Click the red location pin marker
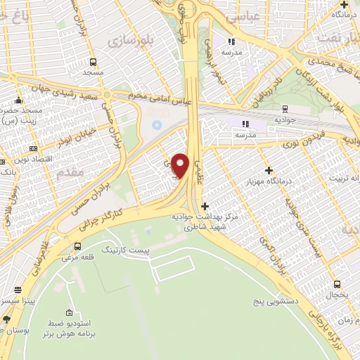click(181, 165)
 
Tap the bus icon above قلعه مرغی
click(77, 246)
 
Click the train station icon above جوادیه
click(285, 108)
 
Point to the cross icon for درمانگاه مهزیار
click(269, 170)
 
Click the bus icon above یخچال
click(337, 285)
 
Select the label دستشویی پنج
click(275, 301)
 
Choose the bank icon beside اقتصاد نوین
click(34, 149)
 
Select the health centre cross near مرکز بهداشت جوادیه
click(205, 207)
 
